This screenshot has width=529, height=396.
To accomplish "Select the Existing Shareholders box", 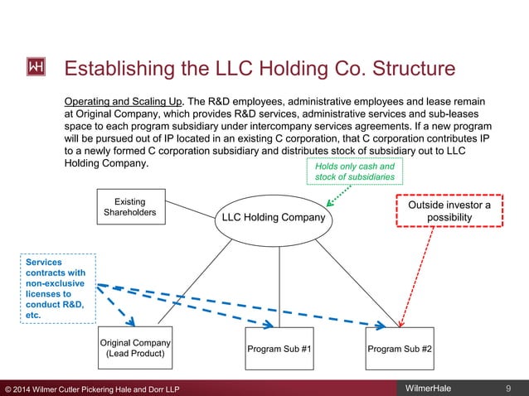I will pyautogui.click(x=130, y=207).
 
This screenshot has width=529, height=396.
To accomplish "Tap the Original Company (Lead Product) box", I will pyautogui.click(x=135, y=349).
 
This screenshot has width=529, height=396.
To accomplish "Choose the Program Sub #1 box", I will pyautogui.click(x=279, y=349).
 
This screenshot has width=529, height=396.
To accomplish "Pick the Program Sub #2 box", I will pyautogui.click(x=401, y=349).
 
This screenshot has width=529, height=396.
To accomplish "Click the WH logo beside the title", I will pyautogui.click(x=37, y=66).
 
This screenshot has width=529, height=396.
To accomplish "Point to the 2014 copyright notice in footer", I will pyautogui.click(x=91, y=388).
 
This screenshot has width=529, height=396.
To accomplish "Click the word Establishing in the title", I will pyautogui.click(x=114, y=67).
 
